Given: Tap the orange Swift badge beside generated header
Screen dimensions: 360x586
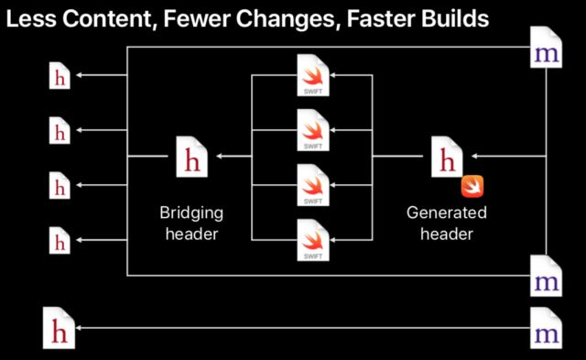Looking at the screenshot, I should (472, 186).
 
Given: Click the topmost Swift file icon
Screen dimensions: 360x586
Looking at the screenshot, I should (311, 76).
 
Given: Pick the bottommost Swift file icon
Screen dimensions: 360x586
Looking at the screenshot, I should (311, 241).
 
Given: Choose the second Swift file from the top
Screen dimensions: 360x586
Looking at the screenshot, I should (311, 131).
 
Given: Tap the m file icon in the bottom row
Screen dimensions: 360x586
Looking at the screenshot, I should (548, 327).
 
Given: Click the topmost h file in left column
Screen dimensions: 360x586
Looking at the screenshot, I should (60, 76).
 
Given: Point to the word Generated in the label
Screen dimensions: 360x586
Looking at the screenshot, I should (447, 213).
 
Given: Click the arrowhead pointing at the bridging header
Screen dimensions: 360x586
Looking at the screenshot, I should (221, 158).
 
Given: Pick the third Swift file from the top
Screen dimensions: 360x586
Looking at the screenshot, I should (311, 186).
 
